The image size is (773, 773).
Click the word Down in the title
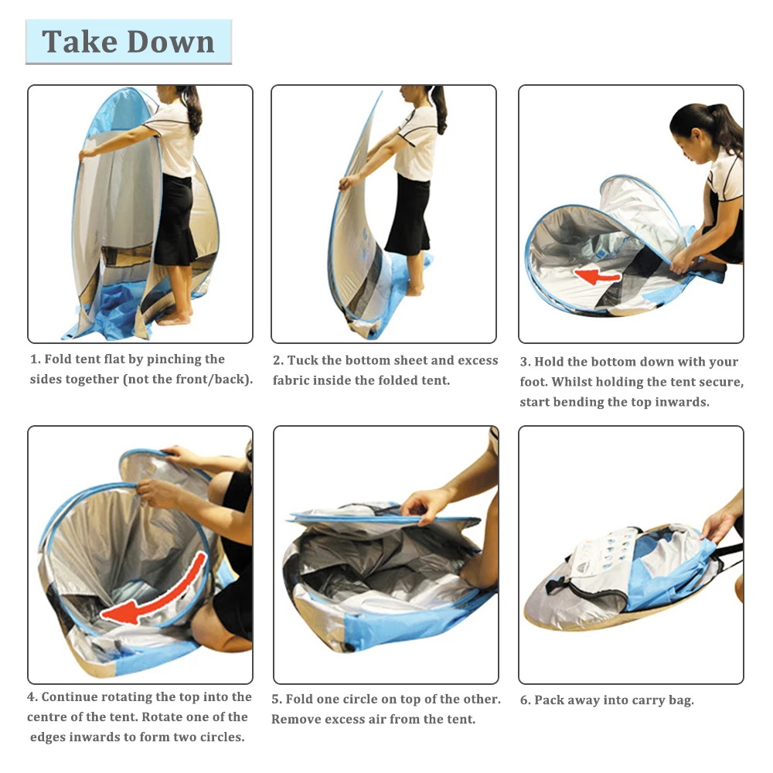tap(171, 42)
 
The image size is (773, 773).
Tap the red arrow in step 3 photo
tap(597, 277)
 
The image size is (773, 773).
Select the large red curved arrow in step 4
tap(157, 591)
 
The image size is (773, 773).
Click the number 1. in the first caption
tap(35, 359)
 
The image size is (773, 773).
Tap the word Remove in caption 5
tap(294, 719)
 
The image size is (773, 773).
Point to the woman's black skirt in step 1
tap(175, 220)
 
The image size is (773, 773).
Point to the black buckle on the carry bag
tap(553, 586)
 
